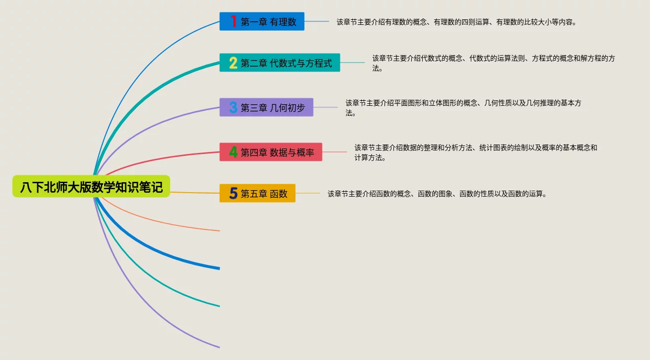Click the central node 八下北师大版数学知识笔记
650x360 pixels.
91,187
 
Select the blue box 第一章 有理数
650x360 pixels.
261,21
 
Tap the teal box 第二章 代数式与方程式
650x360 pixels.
279,63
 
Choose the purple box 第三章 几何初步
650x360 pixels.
266,107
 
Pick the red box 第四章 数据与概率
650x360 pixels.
270,152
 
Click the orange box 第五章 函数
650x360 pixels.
257,193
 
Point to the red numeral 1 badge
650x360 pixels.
233,21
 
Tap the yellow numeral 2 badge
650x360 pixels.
233,63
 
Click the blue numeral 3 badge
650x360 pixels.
233,107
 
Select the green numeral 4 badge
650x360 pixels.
233,152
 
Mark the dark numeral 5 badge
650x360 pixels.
233,193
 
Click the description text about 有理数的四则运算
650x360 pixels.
456,22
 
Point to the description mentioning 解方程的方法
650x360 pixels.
493,63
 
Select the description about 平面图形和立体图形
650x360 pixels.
463,108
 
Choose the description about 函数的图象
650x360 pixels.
437,194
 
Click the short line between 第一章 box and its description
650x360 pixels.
317,21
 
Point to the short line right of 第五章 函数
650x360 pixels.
308,193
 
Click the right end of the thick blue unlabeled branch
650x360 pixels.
218,268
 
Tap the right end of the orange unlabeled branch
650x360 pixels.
218,230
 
